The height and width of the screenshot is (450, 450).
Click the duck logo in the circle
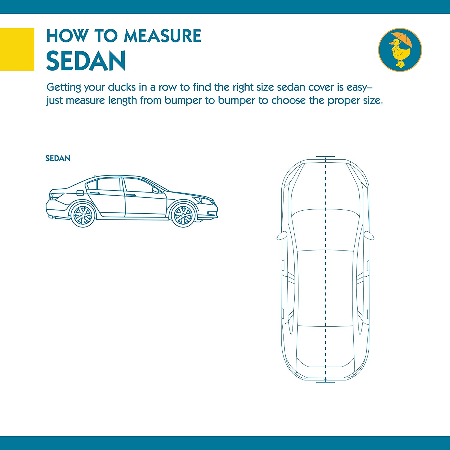[x=400, y=50]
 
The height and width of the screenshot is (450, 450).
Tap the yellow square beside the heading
[x=17, y=49]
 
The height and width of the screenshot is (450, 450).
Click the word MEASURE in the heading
[x=163, y=36]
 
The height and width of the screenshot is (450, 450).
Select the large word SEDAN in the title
[x=86, y=61]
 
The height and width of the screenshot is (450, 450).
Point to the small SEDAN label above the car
[x=58, y=158]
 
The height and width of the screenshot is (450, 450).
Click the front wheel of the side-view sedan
[x=183, y=215]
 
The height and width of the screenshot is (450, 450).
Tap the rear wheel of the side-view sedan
[x=83, y=215]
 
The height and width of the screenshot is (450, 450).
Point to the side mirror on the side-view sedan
[x=155, y=190]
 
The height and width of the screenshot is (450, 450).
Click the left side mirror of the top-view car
[x=282, y=235]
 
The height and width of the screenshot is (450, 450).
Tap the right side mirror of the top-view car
[x=369, y=235]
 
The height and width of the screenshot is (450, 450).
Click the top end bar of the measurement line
[x=325, y=157]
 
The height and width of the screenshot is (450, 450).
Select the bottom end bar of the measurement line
[x=325, y=382]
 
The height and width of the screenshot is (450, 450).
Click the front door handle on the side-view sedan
[x=130, y=196]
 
